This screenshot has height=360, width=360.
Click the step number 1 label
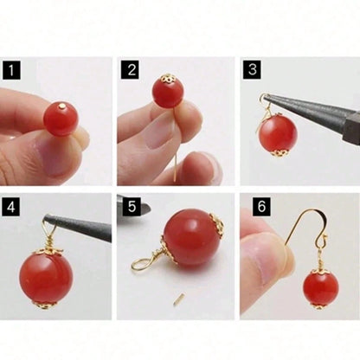point(11,70)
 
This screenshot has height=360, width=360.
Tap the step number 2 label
point(132,70)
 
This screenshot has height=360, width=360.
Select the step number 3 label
point(253,69)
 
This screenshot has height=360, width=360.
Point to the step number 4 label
point(11,207)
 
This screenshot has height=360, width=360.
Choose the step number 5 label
point(132,207)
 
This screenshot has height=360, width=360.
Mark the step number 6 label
point(261,207)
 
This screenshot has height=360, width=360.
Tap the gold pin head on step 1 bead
point(62,106)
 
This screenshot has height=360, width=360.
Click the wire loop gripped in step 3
point(263,99)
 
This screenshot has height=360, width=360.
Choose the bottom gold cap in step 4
point(44,305)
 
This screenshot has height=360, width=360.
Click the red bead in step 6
point(321,289)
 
